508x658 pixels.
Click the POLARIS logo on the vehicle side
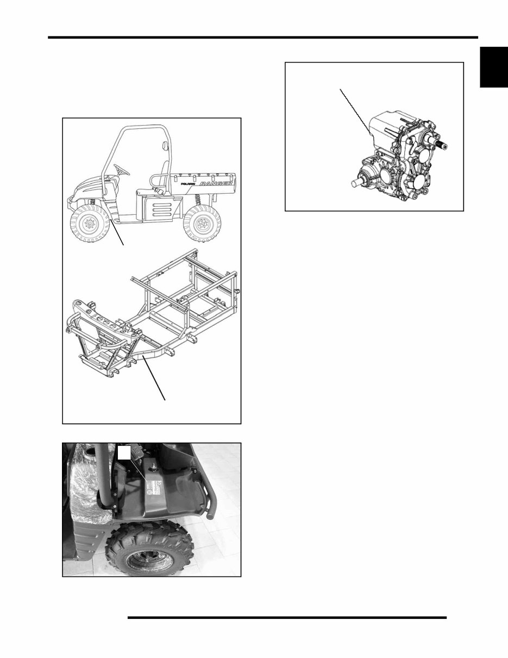pos(185,185)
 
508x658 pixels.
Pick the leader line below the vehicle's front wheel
pos(118,233)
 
